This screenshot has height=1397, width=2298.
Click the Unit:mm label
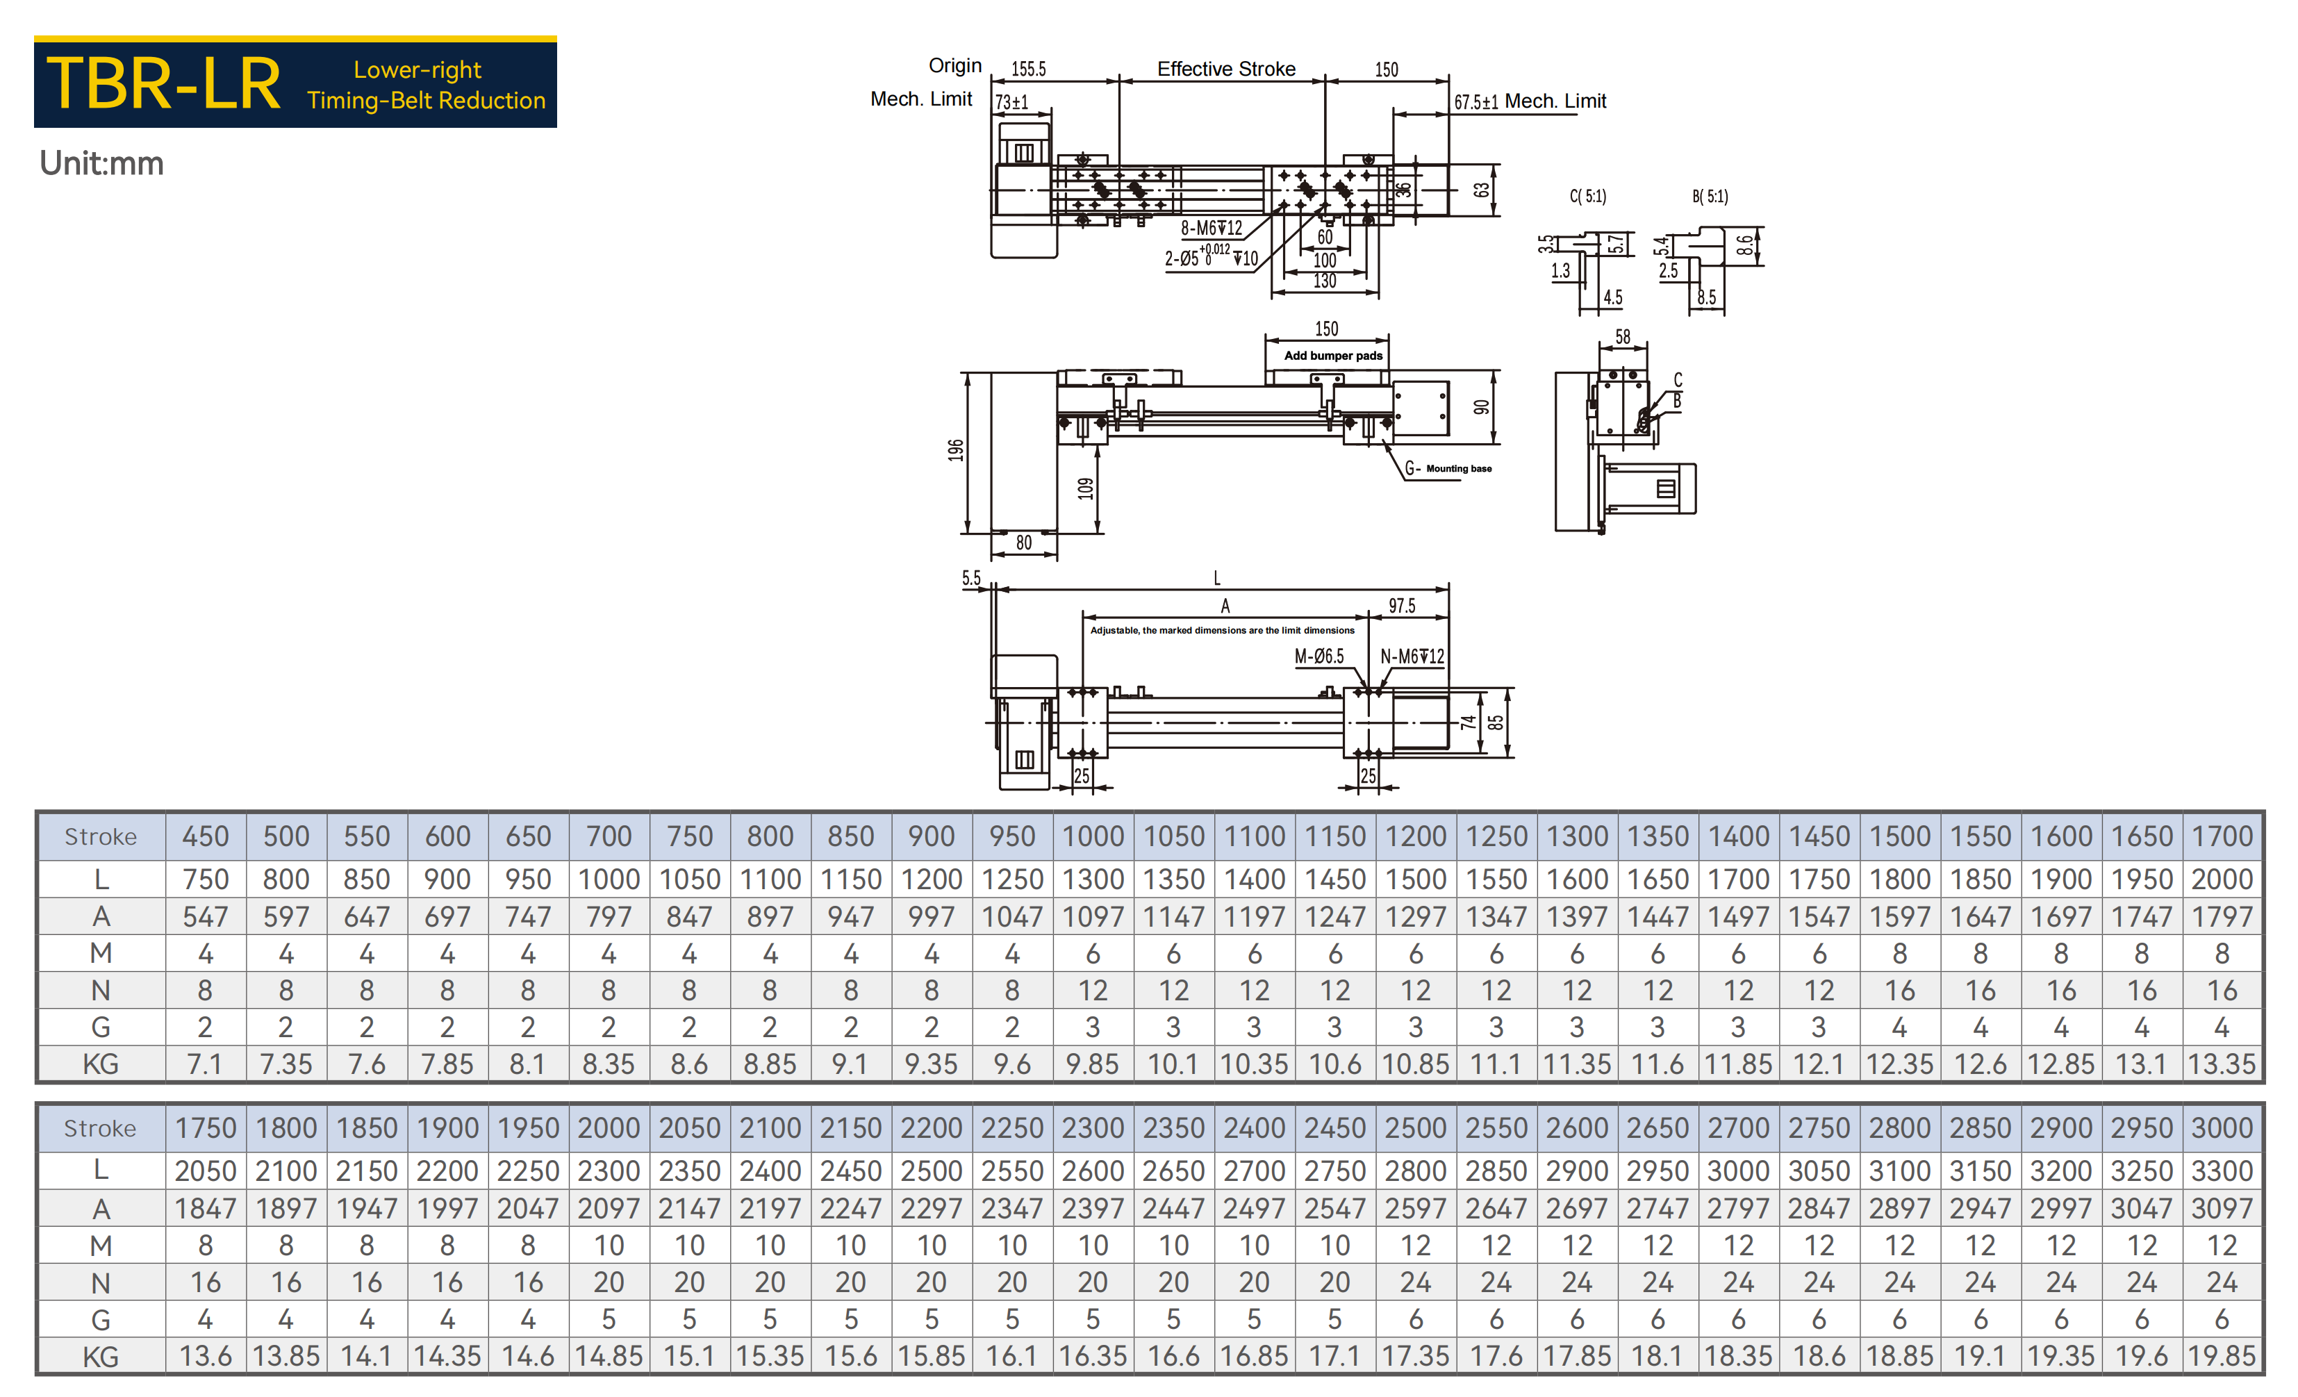(101, 163)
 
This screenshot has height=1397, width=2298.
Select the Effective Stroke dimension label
(1225, 69)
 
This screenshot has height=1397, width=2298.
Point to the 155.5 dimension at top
(1029, 69)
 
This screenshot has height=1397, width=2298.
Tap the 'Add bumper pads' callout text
(1332, 355)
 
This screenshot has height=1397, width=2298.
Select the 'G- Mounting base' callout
(1448, 468)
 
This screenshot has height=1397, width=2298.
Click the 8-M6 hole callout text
(1212, 229)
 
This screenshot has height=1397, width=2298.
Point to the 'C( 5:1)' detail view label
(1587, 196)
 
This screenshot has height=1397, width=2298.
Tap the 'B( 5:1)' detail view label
(1710, 196)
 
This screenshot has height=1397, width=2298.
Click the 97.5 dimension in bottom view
(1402, 606)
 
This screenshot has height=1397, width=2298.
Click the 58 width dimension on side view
(1623, 337)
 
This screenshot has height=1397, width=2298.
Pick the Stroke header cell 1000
(1093, 836)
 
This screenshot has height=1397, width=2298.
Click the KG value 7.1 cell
(205, 1064)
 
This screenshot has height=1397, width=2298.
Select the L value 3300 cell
(2222, 1171)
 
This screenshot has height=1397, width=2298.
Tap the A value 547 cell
(205, 917)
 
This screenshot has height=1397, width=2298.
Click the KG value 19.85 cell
(2222, 1356)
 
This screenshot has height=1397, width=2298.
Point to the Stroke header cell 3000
(2222, 1128)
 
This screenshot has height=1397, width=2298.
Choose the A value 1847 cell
(205, 1209)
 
